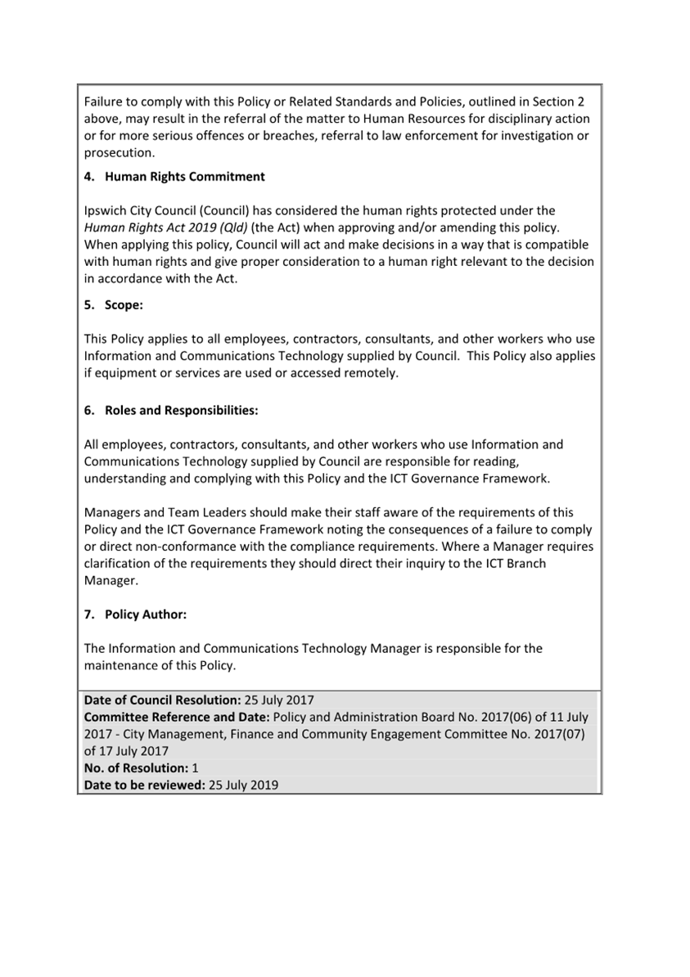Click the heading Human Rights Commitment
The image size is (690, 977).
(x=184, y=177)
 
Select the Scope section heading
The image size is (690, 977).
(x=124, y=305)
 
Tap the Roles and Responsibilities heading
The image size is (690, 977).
(x=181, y=411)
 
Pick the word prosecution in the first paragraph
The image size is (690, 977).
(x=118, y=153)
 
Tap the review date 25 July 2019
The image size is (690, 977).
(x=243, y=785)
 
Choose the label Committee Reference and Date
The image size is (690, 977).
(x=178, y=718)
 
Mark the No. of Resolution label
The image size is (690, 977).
(x=136, y=768)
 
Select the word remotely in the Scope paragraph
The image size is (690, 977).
(x=372, y=373)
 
